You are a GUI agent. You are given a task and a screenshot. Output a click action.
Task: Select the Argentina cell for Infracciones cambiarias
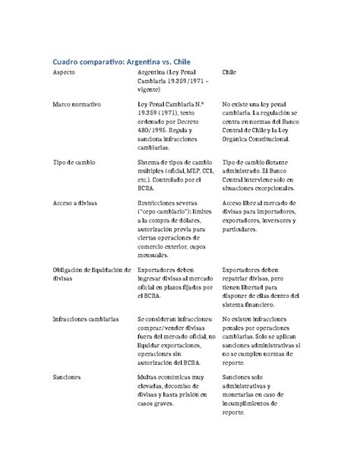[174, 339]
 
